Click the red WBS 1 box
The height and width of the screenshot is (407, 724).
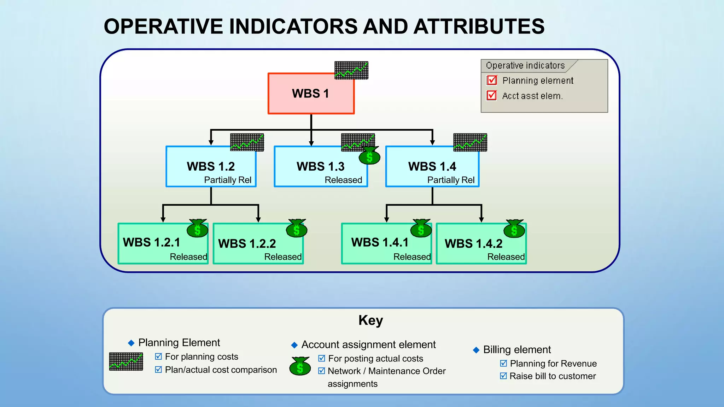(x=311, y=94)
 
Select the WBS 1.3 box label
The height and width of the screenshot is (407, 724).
(x=320, y=166)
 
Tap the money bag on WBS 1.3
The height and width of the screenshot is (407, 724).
(x=369, y=156)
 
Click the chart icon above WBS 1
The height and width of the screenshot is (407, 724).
(x=351, y=70)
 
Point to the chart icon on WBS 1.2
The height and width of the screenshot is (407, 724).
(x=247, y=142)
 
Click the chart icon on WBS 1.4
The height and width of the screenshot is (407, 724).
(x=470, y=142)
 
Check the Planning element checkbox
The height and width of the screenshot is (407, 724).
(x=492, y=81)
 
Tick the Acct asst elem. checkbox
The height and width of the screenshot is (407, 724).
(x=492, y=95)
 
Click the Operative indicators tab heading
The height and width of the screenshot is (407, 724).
(x=525, y=66)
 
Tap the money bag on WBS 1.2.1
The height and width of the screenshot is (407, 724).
(x=197, y=229)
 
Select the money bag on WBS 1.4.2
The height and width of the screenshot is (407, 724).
(x=514, y=229)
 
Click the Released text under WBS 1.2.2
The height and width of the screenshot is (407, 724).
(x=283, y=257)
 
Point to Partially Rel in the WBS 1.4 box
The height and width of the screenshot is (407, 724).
(x=451, y=180)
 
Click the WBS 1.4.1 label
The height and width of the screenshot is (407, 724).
(x=380, y=242)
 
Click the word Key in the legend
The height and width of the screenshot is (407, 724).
(x=370, y=320)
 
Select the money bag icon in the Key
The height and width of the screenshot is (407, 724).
(x=300, y=366)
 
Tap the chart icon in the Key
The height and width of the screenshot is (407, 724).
(x=126, y=361)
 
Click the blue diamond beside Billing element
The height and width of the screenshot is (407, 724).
(x=476, y=350)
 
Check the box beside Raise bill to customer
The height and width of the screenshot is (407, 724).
(x=503, y=376)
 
